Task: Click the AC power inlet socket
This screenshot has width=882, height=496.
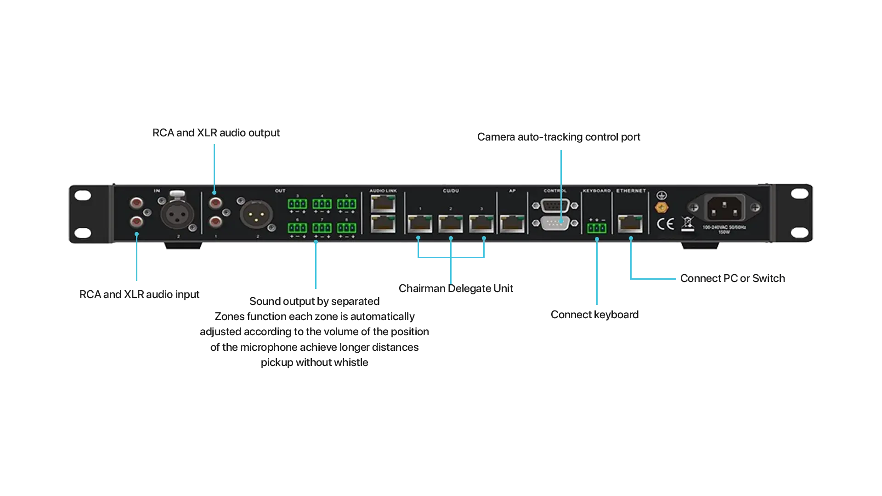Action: coord(725,208)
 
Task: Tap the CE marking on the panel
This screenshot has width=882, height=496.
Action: coord(665,224)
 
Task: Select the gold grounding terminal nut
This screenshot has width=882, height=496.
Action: coord(661,208)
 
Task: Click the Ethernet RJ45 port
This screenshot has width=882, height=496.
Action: coord(630,224)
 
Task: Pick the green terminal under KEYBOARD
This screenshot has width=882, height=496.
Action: coord(596,228)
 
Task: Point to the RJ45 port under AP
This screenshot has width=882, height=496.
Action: coord(512,224)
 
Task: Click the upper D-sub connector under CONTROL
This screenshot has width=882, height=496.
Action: coord(555,205)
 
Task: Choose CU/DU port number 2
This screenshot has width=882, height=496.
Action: coord(451,224)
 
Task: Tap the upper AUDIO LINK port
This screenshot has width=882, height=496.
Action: coord(383,203)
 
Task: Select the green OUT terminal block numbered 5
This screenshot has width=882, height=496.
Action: coord(346,204)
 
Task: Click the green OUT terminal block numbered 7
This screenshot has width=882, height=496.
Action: coord(322,228)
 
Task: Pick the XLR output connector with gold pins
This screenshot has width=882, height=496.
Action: coord(256,214)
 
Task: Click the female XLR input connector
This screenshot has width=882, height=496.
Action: coord(177,214)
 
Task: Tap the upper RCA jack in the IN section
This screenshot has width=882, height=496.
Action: coord(136,203)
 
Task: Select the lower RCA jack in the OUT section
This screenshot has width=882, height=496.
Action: coord(215,223)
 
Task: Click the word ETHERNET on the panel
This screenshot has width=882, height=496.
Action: coord(631,191)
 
